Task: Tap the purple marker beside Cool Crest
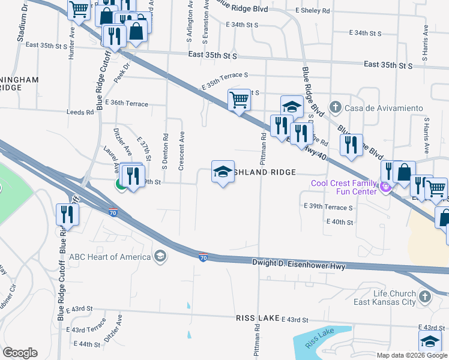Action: point(386,187)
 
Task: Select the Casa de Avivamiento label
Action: point(384,109)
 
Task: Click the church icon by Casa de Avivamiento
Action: point(337,109)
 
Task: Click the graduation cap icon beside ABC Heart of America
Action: point(160,257)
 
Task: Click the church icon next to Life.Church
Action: point(424,296)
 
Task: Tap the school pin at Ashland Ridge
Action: point(223,172)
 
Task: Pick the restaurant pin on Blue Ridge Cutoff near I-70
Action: point(67,214)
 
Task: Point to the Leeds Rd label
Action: point(76,112)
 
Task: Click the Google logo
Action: point(20,353)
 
